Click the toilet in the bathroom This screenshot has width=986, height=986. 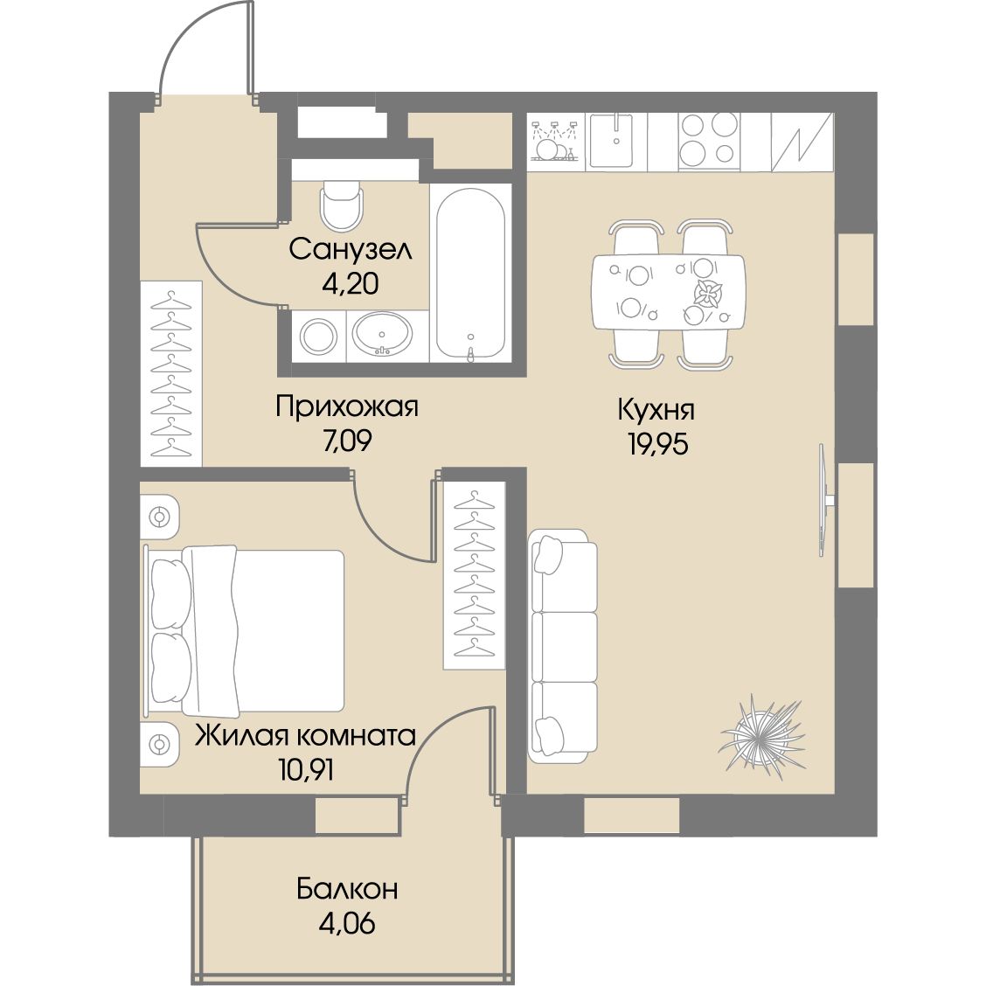pyautogui.click(x=342, y=205)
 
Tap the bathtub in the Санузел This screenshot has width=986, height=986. pyautogui.click(x=470, y=274)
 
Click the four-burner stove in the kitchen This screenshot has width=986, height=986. pyautogui.click(x=708, y=140)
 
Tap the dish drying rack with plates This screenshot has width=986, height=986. pyautogui.click(x=554, y=140)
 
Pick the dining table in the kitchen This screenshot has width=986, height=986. pyautogui.click(x=668, y=292)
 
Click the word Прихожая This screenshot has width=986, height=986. pyautogui.click(x=346, y=406)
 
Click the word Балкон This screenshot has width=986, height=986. pyautogui.click(x=347, y=890)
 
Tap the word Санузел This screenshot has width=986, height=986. pyautogui.click(x=351, y=250)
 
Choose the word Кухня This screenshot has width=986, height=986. pyautogui.click(x=656, y=410)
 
